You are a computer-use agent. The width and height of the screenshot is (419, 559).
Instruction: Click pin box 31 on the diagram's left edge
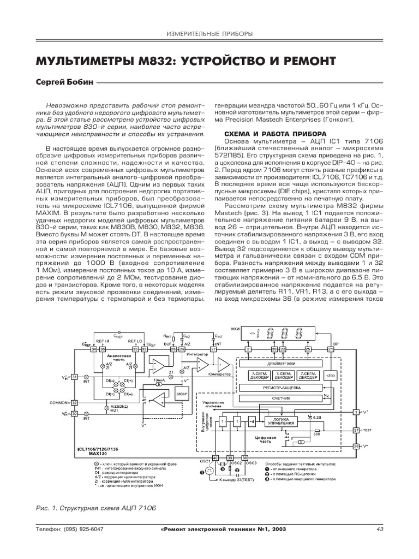pyautogui.click(x=75, y=376)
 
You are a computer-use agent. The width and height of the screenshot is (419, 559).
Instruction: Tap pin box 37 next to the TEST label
pyautogui.click(x=356, y=430)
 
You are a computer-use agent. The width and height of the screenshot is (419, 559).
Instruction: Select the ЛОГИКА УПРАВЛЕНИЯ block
pyautogui.click(x=282, y=421)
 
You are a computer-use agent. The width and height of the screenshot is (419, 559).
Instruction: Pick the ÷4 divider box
pyautogui.click(x=252, y=421)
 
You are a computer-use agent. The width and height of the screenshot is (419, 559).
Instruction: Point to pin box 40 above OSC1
pyautogui.click(x=215, y=457)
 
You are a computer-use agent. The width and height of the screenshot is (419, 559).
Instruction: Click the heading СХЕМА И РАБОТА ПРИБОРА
pyautogui.click(x=265, y=134)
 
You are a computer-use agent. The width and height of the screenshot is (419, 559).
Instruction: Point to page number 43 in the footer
pyautogui.click(x=380, y=529)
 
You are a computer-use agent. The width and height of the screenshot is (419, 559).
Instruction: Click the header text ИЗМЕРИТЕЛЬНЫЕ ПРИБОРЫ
pyautogui.click(x=209, y=34)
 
